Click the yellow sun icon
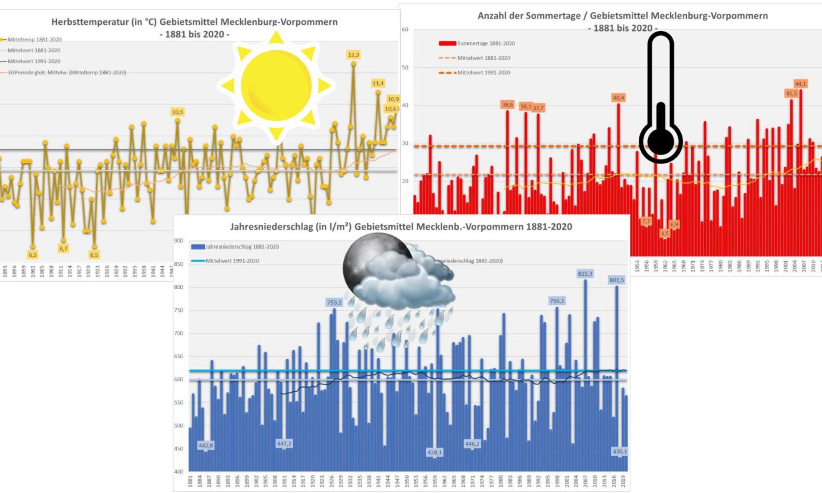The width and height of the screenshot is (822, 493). click(276, 86)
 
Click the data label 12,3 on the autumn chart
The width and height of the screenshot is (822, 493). click(353, 55)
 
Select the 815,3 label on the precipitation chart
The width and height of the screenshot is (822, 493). click(585, 274)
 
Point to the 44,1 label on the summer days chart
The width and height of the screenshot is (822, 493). click(800, 84)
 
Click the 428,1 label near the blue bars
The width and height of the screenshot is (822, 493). click(434, 452)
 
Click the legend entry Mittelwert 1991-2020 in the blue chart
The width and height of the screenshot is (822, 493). click(232, 261)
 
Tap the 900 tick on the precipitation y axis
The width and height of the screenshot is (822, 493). click(178, 241)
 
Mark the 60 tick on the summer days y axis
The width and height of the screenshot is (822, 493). click(405, 30)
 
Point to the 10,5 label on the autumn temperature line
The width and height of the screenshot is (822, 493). click(178, 112)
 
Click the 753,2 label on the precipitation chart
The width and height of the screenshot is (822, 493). click(334, 302)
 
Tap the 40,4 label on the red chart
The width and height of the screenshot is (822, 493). click(618, 98)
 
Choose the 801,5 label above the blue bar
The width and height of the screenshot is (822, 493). click(616, 280)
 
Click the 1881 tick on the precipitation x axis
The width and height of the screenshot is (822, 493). click(190, 481)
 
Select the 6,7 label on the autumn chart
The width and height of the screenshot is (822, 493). click(63, 249)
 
